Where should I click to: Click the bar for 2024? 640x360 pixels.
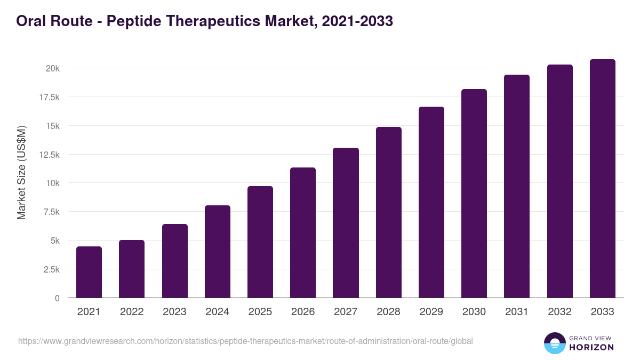tap(218, 252)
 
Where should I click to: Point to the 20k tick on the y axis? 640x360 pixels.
tap(52, 68)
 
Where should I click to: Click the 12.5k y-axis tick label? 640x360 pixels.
tap(50, 155)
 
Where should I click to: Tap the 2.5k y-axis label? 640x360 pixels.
tap(52, 269)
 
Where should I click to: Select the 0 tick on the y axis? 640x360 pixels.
tap(57, 298)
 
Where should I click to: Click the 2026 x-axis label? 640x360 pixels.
tap(303, 312)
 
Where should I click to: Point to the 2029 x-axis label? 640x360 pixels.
tap(431, 312)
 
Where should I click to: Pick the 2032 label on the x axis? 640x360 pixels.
tap(559, 312)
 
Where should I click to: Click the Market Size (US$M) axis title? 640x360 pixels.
tap(21, 172)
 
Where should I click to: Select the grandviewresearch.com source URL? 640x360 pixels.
tap(245, 341)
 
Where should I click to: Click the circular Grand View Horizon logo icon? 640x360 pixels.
tap(555, 343)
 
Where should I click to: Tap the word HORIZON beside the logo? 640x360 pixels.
tap(592, 347)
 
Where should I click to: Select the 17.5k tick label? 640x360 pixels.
tap(50, 97)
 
